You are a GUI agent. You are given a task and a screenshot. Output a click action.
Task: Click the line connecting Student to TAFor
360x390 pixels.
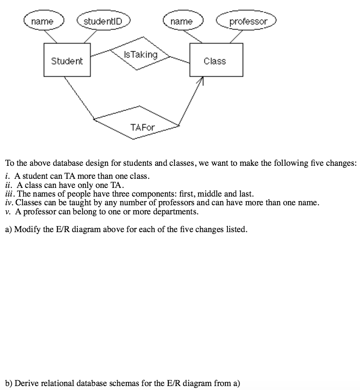[x=79, y=98]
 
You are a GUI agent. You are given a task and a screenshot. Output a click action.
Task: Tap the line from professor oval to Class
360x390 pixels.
[x=236, y=37]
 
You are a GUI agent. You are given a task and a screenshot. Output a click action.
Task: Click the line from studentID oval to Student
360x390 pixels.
[x=90, y=37]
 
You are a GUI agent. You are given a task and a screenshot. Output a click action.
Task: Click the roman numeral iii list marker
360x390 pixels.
[x=10, y=194]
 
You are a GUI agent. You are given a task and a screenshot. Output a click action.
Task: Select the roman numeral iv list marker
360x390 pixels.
[x=9, y=203]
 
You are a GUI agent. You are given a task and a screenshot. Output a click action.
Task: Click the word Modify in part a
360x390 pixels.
[x=27, y=229]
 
